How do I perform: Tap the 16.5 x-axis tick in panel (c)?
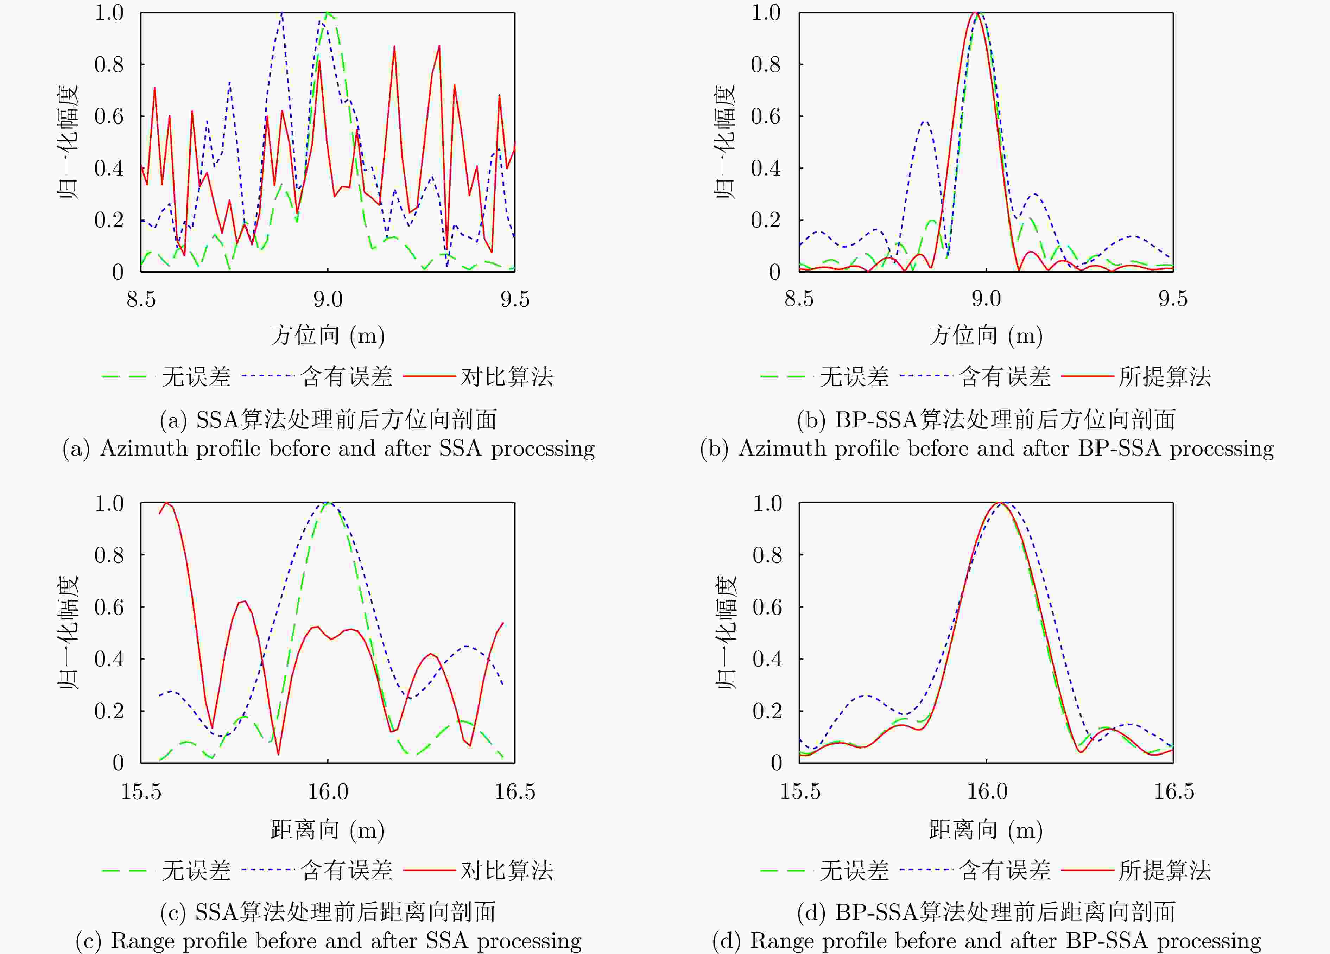514,791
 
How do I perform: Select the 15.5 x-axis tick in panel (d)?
799,791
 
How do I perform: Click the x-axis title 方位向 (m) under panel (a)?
327,335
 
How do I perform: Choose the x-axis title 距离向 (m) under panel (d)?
986,830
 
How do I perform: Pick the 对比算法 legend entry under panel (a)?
507,376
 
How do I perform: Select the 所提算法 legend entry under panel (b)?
1165,376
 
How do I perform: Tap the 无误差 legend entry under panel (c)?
196,871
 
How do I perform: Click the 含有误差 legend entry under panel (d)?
1005,871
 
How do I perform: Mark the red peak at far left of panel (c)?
166,503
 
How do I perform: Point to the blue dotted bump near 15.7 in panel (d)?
865,696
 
